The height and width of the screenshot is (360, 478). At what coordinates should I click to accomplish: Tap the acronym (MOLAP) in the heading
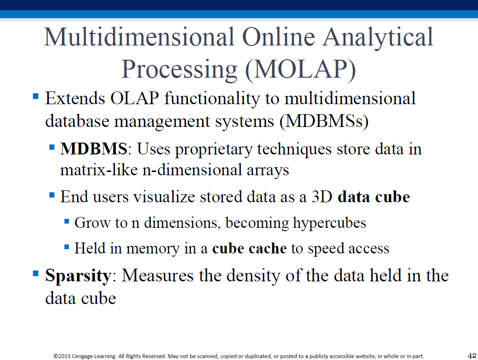point(300,70)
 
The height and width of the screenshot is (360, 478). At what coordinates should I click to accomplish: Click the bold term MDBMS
point(94,149)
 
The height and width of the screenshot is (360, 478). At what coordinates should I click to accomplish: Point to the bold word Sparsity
point(78,276)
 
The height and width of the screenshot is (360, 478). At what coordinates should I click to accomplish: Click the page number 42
point(472,356)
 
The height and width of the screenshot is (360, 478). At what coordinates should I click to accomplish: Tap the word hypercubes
point(329,223)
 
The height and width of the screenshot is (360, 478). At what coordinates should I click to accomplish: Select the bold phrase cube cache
point(249,248)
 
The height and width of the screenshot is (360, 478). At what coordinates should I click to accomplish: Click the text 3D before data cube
point(322,197)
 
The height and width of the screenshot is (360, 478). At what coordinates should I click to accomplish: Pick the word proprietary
point(214,150)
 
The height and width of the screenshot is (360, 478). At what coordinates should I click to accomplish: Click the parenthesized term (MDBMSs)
point(324,121)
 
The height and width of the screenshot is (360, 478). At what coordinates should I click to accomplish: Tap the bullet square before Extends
point(35,97)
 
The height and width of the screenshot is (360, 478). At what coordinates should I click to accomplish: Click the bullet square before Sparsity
point(35,273)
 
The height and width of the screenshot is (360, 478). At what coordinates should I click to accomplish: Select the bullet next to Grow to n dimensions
point(67,221)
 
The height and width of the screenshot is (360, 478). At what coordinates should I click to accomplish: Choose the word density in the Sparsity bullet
point(253,276)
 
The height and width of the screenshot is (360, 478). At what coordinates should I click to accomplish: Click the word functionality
point(212,99)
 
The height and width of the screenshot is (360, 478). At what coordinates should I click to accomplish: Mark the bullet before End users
point(52,195)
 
